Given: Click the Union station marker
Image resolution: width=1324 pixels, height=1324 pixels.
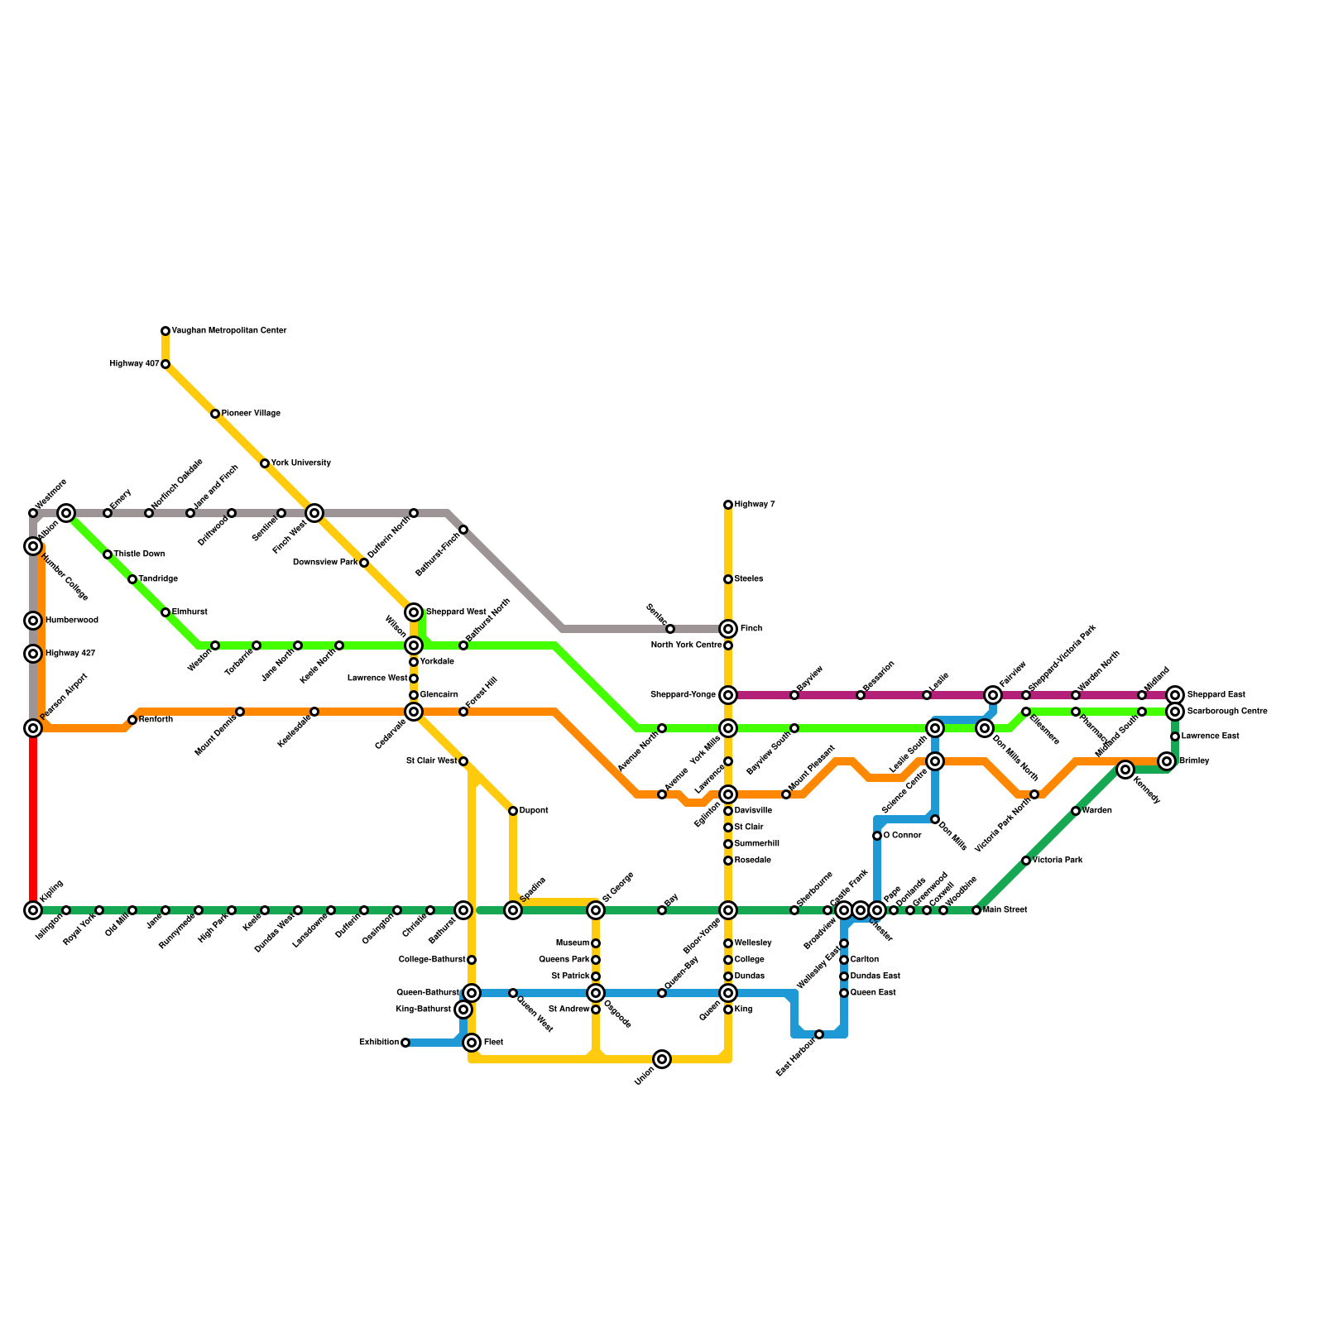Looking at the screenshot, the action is pyautogui.click(x=662, y=1059).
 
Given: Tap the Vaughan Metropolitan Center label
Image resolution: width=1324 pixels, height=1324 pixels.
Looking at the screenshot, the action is pyautogui.click(x=229, y=331).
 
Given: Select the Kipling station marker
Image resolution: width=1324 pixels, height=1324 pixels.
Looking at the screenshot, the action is pyautogui.click(x=33, y=910).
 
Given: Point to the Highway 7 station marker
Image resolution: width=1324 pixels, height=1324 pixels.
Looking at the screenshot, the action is pyautogui.click(x=728, y=505).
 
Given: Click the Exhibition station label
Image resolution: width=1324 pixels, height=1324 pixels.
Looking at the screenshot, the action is pyautogui.click(x=379, y=1043).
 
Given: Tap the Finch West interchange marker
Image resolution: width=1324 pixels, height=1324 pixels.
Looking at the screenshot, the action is pyautogui.click(x=314, y=513).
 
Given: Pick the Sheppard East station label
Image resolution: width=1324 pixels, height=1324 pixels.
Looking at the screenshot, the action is pyautogui.click(x=1216, y=695).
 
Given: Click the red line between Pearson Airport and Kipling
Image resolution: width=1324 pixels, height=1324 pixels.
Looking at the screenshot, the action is pyautogui.click(x=33, y=819).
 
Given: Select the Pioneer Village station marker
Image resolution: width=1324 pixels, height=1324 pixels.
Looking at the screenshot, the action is pyautogui.click(x=215, y=414).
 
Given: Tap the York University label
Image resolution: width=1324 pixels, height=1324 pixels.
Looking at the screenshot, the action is pyautogui.click(x=301, y=463).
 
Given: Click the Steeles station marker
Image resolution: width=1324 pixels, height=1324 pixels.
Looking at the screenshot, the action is pyautogui.click(x=728, y=579).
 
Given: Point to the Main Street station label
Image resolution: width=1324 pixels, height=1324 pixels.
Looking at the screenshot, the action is pyautogui.click(x=1005, y=910).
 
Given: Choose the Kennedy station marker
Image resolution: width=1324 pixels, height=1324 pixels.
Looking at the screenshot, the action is pyautogui.click(x=1125, y=770).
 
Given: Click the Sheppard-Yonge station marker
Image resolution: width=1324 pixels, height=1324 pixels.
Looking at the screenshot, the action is pyautogui.click(x=728, y=695).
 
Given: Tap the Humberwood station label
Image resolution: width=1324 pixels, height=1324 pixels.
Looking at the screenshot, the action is pyautogui.click(x=72, y=621).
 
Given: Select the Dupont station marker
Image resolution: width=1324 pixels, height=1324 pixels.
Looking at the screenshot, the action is pyautogui.click(x=513, y=811).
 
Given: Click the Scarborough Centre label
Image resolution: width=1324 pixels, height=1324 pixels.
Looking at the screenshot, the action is pyautogui.click(x=1226, y=712).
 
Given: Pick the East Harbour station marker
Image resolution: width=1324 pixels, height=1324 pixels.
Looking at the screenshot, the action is pyautogui.click(x=819, y=1034).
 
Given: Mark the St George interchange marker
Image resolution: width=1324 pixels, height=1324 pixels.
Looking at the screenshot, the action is pyautogui.click(x=596, y=910).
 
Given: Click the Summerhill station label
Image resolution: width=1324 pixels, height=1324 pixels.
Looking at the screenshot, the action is pyautogui.click(x=757, y=844).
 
